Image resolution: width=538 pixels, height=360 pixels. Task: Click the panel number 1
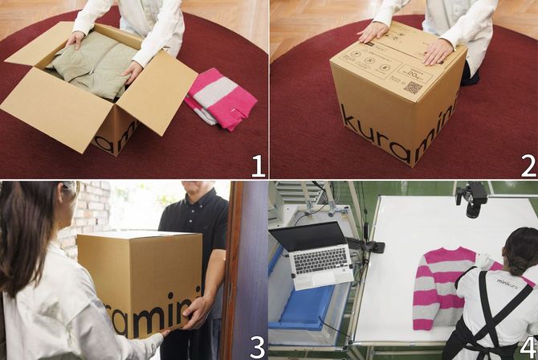tap(257, 166)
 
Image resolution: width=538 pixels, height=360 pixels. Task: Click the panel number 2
tap(528, 166)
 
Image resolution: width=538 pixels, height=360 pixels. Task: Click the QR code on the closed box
tap(413, 87)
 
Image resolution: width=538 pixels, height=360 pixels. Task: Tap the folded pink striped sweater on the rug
tap(221, 99)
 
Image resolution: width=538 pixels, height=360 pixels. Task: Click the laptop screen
tap(310, 236)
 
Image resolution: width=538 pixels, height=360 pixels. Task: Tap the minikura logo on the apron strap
tap(507, 283)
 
